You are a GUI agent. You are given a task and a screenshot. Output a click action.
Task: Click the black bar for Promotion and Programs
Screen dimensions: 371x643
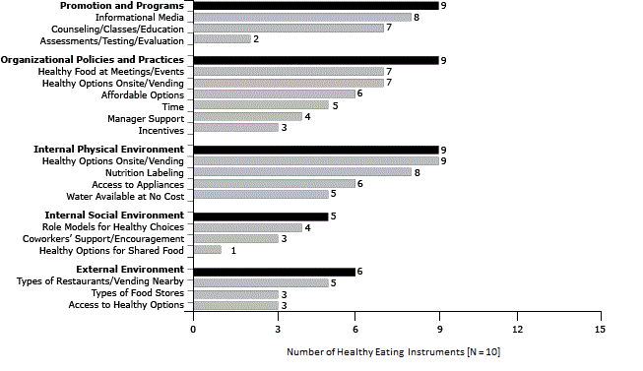coord(315,6)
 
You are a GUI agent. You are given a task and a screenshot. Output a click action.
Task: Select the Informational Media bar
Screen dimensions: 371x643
coord(301,17)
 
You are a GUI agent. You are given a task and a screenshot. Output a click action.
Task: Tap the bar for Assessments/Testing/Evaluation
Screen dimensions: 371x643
coord(221,39)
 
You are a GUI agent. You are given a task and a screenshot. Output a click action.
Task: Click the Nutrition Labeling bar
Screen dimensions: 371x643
coord(301,171)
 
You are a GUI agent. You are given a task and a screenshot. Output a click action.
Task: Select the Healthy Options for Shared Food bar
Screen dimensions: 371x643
coord(207,250)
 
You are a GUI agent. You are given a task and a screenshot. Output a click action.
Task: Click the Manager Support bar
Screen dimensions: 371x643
coord(247,116)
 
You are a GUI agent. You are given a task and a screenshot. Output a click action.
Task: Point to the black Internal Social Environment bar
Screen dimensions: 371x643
coord(261,216)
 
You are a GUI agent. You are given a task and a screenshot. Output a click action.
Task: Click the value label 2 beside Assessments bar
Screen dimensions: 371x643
coord(256,39)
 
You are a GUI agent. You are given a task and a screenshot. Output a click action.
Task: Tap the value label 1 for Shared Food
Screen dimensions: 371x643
coord(232,250)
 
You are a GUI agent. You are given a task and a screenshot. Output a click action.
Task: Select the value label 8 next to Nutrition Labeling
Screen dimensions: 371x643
coord(418,171)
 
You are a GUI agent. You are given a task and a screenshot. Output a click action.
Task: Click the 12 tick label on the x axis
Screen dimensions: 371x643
coord(518,329)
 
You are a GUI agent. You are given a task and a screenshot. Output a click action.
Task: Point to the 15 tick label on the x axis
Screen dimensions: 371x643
coord(599,329)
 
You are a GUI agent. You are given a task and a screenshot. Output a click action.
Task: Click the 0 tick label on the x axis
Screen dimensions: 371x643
coord(194,329)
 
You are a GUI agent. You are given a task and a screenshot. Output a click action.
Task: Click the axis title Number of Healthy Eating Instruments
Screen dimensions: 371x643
coord(393,351)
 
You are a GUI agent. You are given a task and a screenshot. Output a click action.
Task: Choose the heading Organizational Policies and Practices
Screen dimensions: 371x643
coord(93,60)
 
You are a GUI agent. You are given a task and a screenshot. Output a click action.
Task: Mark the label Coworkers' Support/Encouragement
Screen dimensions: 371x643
coord(102,238)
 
